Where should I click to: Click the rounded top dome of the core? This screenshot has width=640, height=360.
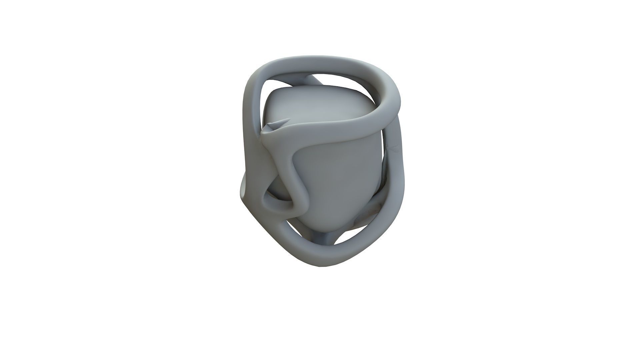(320, 100)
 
